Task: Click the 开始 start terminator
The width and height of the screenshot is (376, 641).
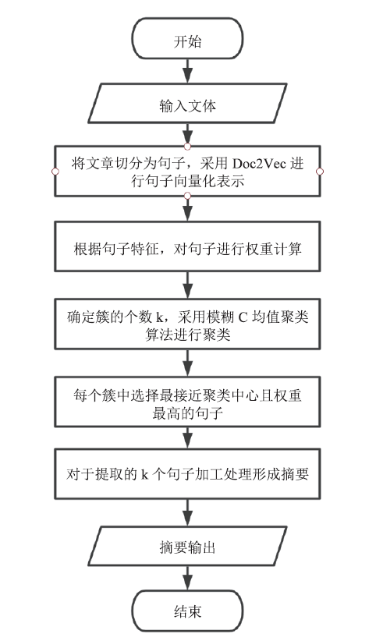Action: coord(187,38)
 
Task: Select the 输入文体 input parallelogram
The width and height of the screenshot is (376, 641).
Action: coord(187,103)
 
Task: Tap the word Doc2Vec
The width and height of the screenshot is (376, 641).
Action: coord(261,164)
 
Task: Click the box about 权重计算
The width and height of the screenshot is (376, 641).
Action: coord(187,246)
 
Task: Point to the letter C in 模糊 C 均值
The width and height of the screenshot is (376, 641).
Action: coord(243,317)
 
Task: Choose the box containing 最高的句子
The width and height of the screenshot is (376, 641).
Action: coord(187,402)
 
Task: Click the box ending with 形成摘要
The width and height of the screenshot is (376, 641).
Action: coord(187,474)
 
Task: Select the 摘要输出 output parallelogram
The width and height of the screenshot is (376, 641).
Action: coord(187,546)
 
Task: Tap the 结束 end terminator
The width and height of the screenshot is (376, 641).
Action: coord(187,611)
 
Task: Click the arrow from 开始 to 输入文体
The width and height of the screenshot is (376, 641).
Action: coord(187,71)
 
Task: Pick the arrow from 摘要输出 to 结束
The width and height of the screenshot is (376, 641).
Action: coord(187,578)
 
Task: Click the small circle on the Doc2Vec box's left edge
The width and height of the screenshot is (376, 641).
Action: coord(55,172)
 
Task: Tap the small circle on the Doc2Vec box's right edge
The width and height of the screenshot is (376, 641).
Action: coord(320,172)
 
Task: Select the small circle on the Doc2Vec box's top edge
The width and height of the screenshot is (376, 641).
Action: coord(187,147)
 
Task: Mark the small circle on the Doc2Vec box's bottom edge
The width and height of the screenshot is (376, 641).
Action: coord(187,197)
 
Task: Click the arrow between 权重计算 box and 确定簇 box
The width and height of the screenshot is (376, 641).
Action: coord(187,285)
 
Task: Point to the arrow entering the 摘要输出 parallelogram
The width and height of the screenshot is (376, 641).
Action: coord(187,512)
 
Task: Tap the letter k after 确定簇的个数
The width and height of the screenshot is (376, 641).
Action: coord(160,317)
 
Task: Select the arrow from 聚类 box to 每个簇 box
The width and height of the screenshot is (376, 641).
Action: coord(187,363)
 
